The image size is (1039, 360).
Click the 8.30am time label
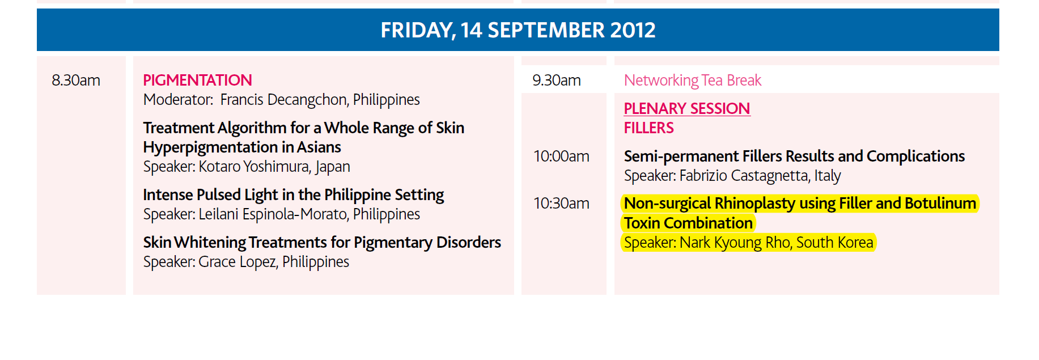point(76,81)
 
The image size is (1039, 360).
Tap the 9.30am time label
point(557,81)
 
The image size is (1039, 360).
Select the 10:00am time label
point(561,156)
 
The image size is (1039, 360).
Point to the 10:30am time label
point(561,204)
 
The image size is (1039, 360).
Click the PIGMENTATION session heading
point(197,81)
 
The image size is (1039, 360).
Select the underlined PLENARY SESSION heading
point(687,109)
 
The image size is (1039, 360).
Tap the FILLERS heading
point(649,128)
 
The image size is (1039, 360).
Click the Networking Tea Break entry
point(693,81)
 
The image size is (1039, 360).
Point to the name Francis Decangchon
point(283,100)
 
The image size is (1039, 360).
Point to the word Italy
point(828,176)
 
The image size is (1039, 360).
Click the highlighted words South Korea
point(835,243)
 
